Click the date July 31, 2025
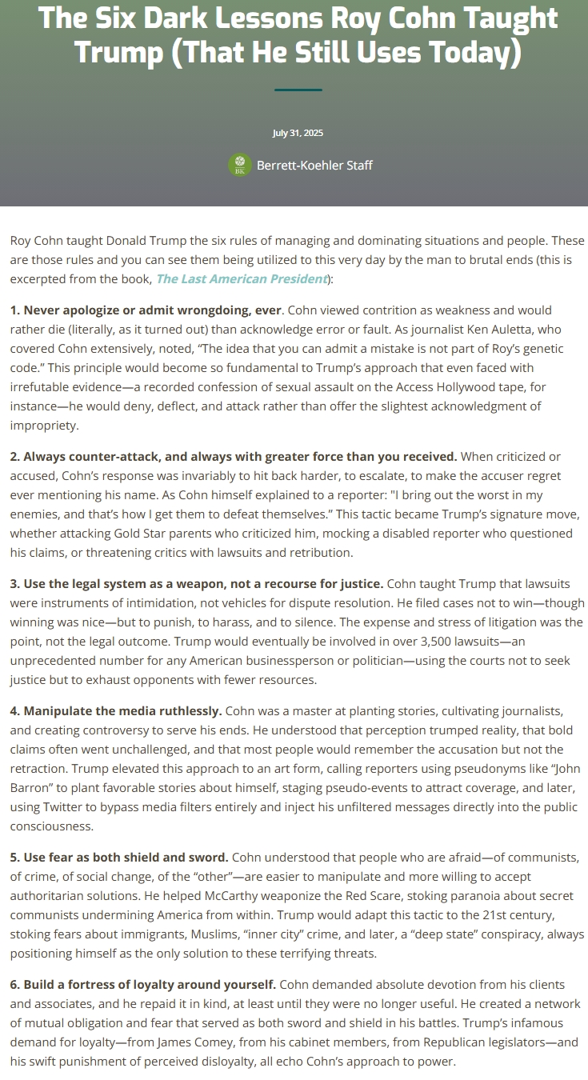click(298, 133)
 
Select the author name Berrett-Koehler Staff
click(314, 166)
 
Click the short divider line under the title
click(298, 90)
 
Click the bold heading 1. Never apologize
click(146, 310)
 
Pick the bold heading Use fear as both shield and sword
click(119, 857)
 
